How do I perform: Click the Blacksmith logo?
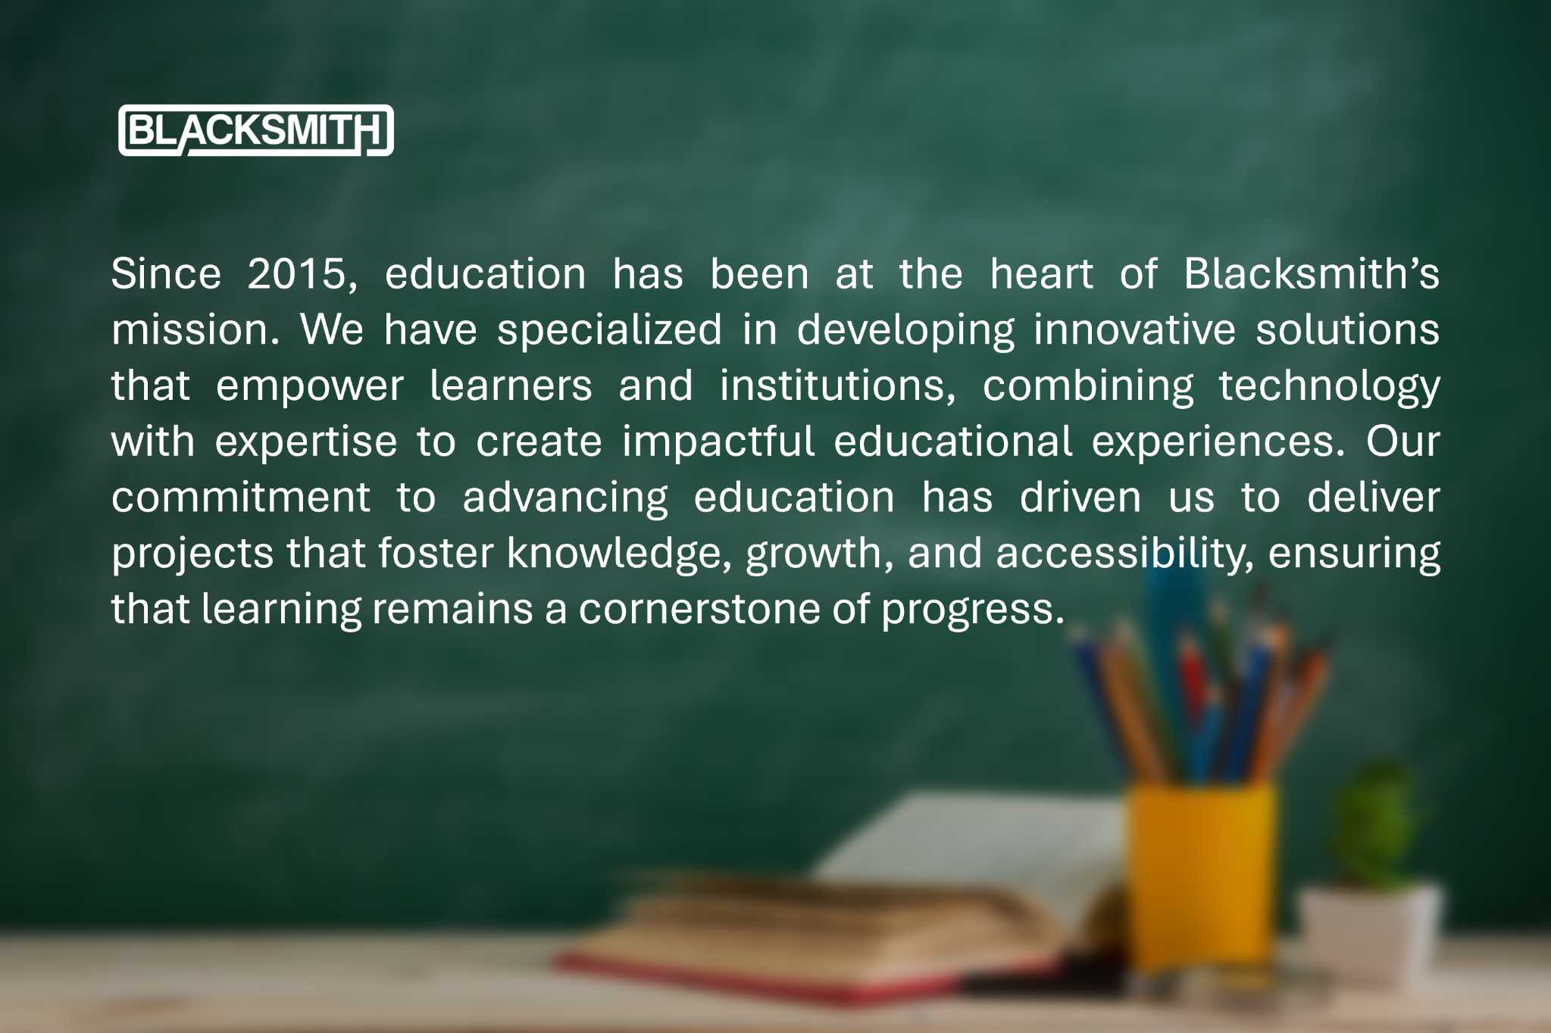[256, 130]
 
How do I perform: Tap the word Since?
[167, 273]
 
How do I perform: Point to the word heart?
[1042, 273]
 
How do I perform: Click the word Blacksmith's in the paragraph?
[1312, 273]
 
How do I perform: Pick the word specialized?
[610, 330]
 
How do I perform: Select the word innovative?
[1135, 329]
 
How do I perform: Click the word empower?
[310, 386]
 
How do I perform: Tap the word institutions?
[838, 385]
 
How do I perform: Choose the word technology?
[1329, 387]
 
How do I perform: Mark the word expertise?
[306, 442]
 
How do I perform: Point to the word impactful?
[718, 442]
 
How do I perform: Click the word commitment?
[241, 498]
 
